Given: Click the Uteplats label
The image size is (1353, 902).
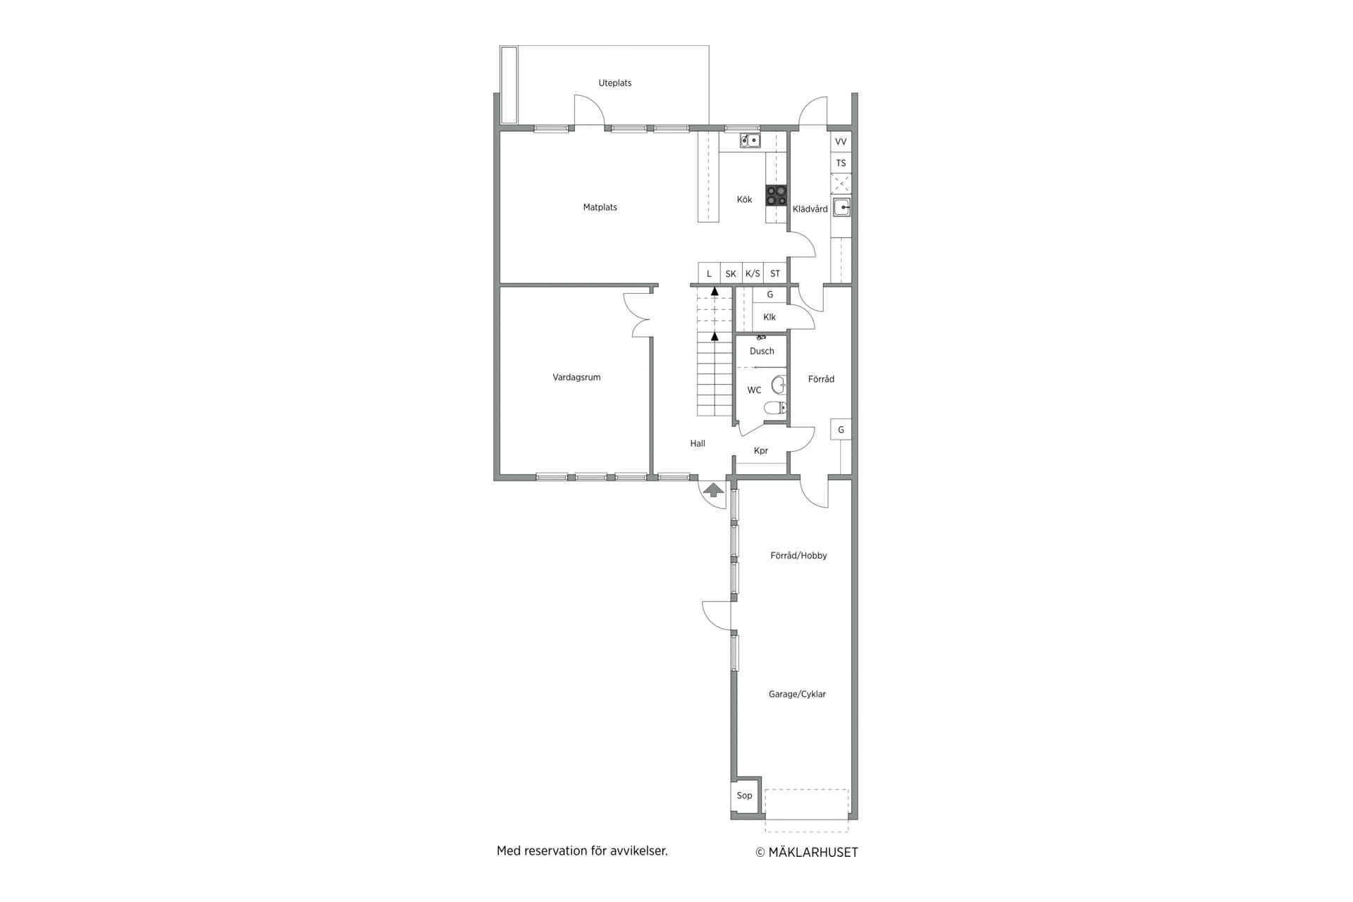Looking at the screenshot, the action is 615,83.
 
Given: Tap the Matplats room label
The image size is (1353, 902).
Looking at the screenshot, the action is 600,207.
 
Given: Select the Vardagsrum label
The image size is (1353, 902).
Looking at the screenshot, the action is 576,378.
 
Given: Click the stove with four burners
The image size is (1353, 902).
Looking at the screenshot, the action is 777,195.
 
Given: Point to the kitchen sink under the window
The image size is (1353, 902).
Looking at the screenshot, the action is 750,141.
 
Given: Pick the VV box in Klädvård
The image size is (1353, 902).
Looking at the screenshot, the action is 841,142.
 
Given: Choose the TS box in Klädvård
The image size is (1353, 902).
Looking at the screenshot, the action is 841,163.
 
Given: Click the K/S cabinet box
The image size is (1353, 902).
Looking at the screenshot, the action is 753,273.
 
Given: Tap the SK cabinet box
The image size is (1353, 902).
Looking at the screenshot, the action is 731,273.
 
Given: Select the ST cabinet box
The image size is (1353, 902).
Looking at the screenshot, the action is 775,273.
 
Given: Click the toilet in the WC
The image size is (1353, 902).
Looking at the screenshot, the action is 775,407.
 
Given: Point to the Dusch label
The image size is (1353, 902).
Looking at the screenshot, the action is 762,351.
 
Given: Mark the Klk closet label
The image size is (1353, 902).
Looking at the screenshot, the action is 770,317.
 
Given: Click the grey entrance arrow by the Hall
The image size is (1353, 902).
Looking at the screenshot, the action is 714,490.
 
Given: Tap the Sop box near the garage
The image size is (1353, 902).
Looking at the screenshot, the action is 745,796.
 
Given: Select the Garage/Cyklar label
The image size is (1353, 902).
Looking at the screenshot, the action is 797,694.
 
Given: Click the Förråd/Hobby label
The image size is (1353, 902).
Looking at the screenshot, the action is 798,555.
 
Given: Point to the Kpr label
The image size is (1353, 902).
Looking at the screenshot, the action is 761,451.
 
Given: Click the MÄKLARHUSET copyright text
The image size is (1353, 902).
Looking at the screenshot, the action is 807,853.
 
